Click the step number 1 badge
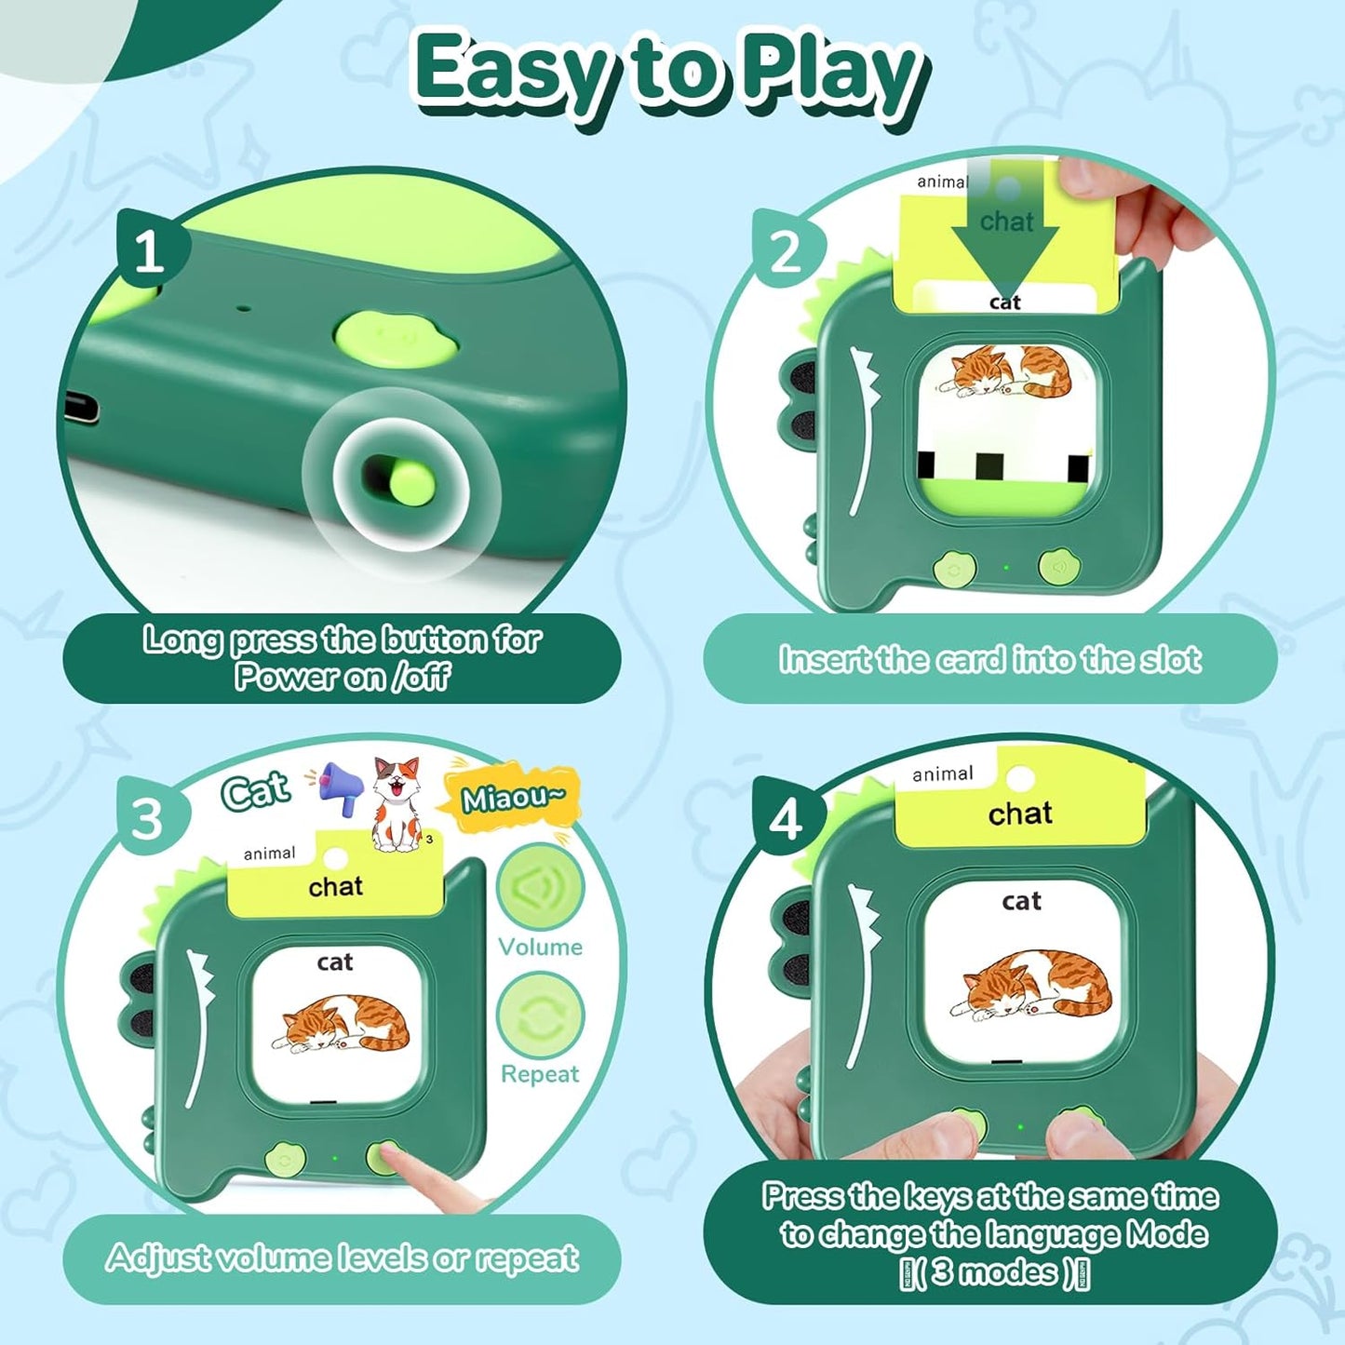pos(149,251)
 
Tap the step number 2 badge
pos(786,251)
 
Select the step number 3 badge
pos(147,818)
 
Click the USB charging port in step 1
pos(81,409)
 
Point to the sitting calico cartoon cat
pos(397,805)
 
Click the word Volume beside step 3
pos(540,947)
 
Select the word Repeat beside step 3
pos(540,1074)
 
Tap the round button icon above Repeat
pos(541,1015)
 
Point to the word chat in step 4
pos(1020,814)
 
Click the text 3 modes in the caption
pos(995,1271)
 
